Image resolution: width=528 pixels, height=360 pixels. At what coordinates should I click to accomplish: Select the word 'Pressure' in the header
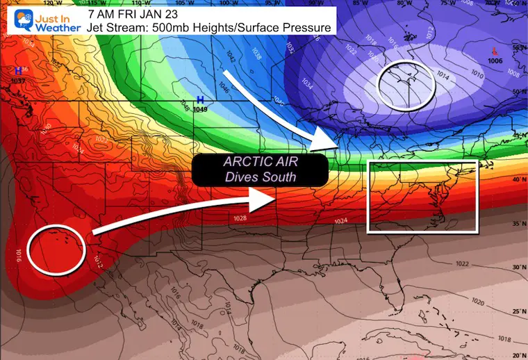click(306, 28)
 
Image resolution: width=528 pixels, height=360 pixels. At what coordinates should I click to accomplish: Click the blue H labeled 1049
click(200, 100)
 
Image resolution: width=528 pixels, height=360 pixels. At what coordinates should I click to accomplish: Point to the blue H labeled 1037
click(17, 71)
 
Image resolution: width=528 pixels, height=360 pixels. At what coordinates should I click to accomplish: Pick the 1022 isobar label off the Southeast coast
click(462, 264)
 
